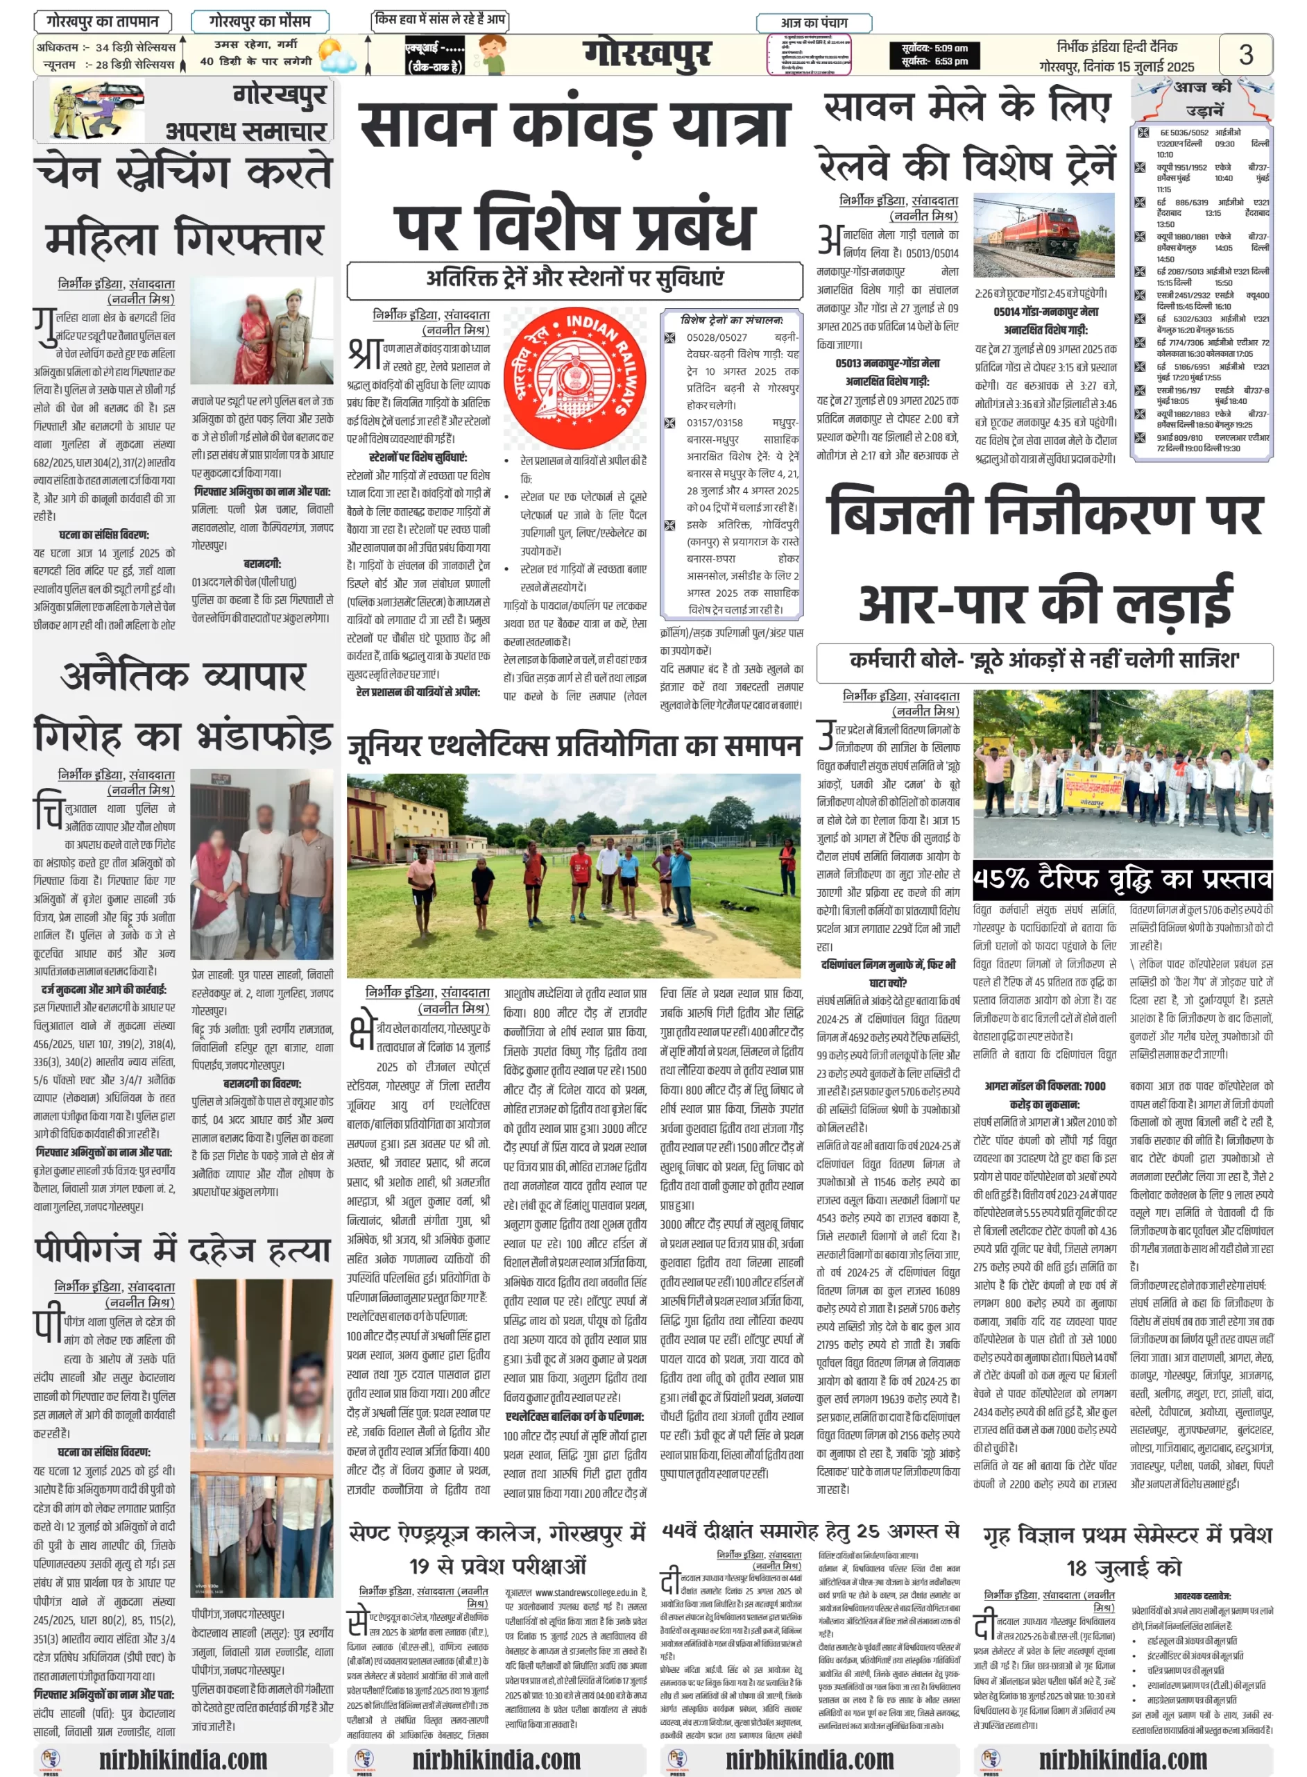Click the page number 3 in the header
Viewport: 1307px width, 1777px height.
tap(1245, 54)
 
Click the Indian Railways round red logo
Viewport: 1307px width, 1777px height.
tap(574, 378)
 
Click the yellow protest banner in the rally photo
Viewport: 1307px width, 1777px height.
tap(1094, 789)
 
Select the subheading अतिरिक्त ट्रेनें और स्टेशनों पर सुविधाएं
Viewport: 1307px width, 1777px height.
tap(574, 278)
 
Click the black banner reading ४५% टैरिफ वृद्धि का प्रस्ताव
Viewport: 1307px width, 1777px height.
tap(1122, 879)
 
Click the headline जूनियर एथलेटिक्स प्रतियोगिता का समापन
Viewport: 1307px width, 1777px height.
tap(574, 746)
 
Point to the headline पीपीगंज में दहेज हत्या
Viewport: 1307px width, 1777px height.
tap(182, 1250)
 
